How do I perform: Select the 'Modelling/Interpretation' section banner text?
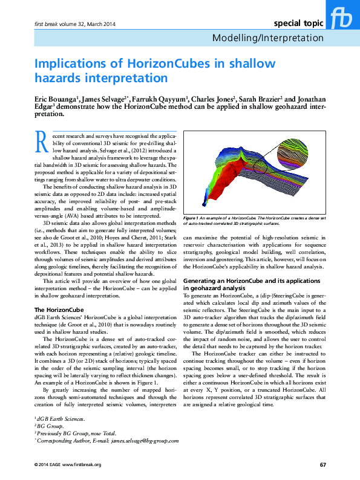point(268,37)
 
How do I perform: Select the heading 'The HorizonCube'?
point(57,310)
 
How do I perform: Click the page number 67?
point(323,464)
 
